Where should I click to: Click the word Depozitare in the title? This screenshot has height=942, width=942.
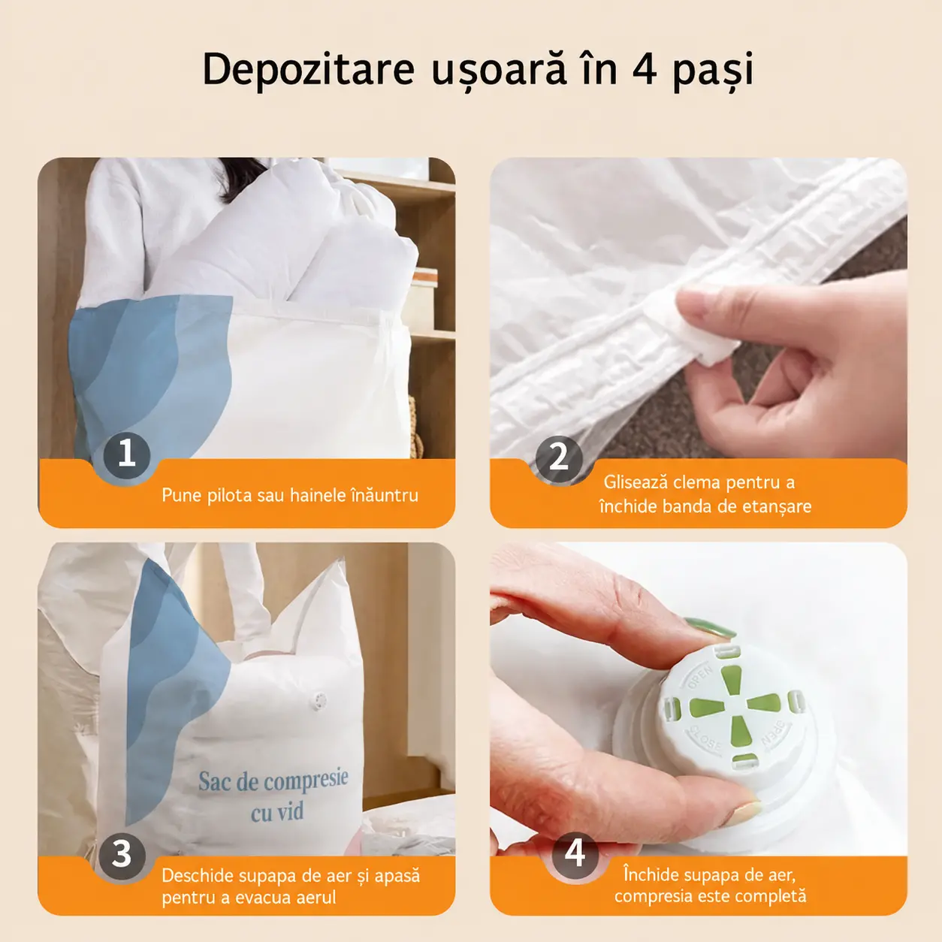[x=309, y=69]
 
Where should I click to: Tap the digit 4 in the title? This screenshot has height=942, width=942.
[x=645, y=69]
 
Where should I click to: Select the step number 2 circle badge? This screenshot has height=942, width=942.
[x=559, y=459]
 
